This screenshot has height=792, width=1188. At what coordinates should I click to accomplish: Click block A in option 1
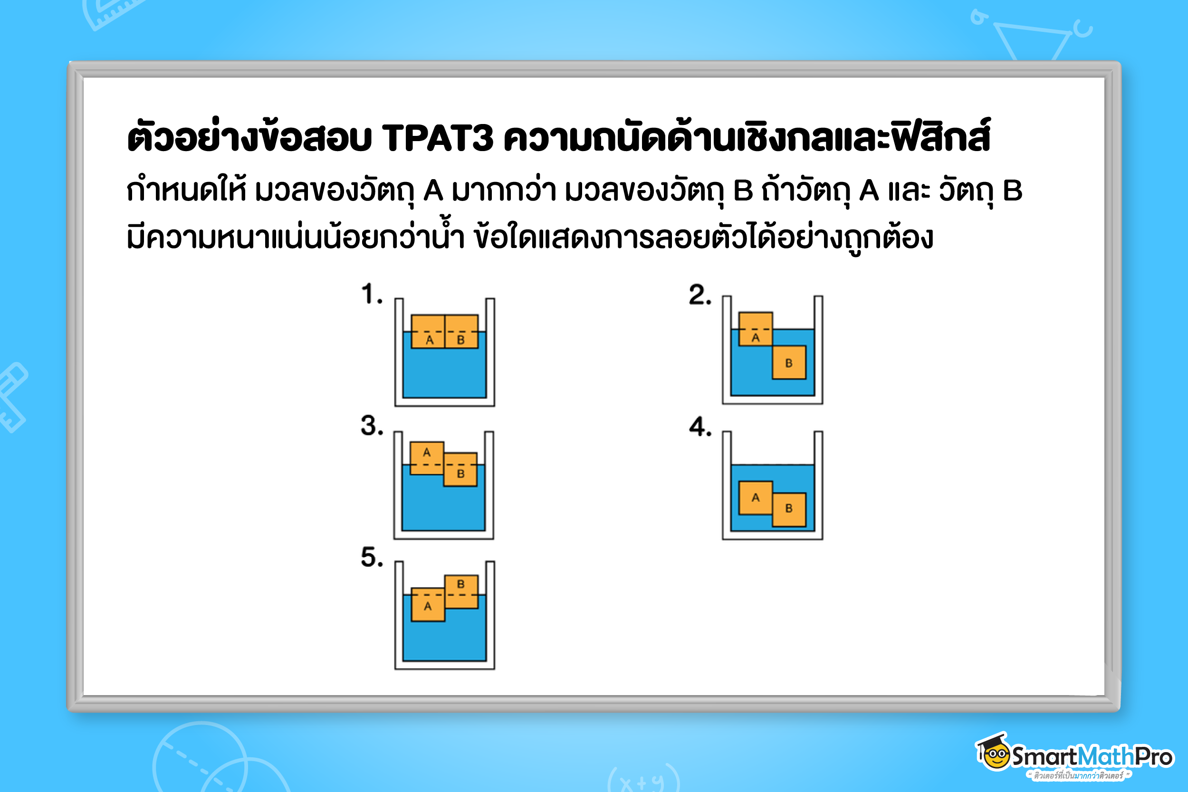click(x=428, y=332)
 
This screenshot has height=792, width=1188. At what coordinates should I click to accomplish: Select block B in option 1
click(x=461, y=332)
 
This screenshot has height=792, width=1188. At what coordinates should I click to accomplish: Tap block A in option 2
click(x=755, y=329)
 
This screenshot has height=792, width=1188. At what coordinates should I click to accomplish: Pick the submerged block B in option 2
click(x=788, y=362)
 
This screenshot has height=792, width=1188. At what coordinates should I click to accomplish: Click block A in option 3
click(x=427, y=458)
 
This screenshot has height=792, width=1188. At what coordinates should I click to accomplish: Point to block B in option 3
click(x=460, y=469)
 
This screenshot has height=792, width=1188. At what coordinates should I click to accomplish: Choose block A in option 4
click(x=755, y=497)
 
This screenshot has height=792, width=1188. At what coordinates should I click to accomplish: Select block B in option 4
click(x=788, y=509)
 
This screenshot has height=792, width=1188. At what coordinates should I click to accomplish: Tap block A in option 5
click(x=428, y=604)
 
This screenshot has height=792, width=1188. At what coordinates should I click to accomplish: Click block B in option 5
click(x=461, y=592)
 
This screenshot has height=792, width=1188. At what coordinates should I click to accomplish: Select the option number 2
click(x=699, y=295)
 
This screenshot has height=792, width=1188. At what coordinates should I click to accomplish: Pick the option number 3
click(x=371, y=426)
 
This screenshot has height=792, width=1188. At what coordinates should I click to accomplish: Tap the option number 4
click(x=699, y=427)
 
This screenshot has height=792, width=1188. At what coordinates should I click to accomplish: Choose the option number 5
click(x=371, y=558)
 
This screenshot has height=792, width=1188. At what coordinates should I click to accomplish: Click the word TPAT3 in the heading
click(x=437, y=137)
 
